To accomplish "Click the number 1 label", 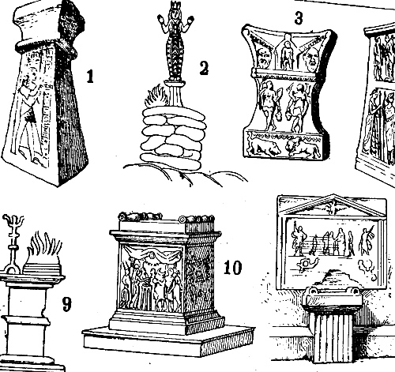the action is pos(90,76).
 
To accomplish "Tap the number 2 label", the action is pos(204,68).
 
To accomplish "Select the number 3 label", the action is pos(299,18).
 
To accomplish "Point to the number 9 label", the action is pos(66,304).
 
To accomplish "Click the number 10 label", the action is pos(232,268).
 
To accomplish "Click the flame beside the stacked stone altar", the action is pos(156,96).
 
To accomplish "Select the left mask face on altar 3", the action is pos(262,58).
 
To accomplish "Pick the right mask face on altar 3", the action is pos(311,59).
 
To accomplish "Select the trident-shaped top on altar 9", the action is pos(13,223).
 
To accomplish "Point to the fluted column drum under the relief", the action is pos(333,336).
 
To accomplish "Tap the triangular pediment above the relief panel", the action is pos(333,206).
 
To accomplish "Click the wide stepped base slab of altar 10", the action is pos(168,341).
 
